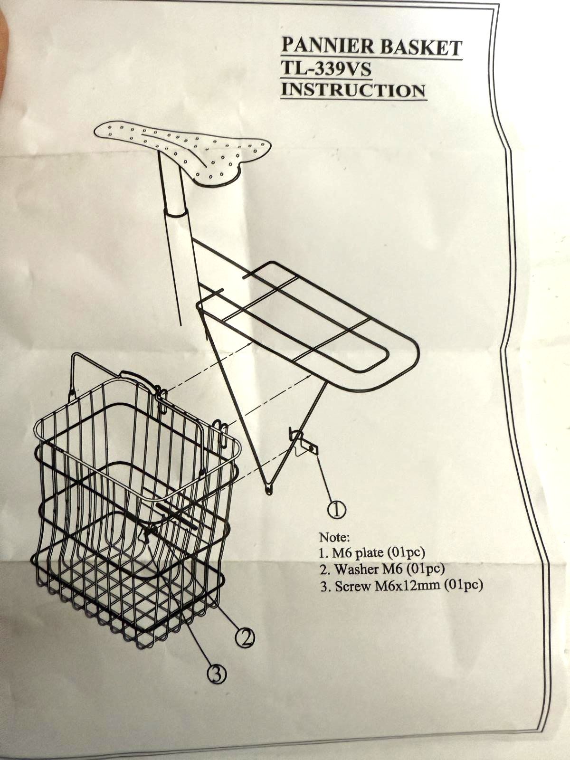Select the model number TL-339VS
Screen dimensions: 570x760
pos(326,69)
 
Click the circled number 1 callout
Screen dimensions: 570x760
pos(336,509)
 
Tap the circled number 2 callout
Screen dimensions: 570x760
pos(245,636)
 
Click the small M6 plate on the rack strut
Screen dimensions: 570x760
pos(306,446)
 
